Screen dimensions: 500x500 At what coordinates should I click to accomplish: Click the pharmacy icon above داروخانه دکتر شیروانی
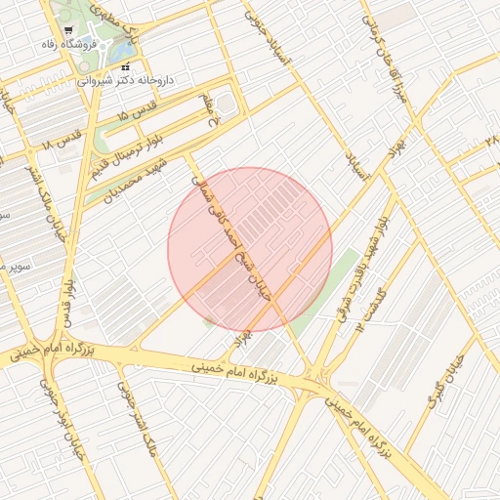pos(125,66)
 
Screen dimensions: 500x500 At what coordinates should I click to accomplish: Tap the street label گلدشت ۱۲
pos(372,310)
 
